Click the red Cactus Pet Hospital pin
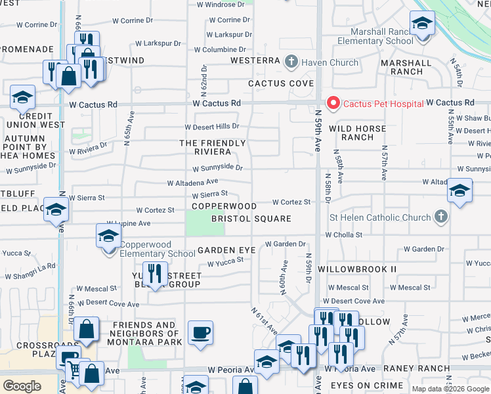(x=333, y=103)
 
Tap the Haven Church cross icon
(x=292, y=62)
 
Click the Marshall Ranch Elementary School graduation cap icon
(x=423, y=24)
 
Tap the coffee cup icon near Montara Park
(x=200, y=332)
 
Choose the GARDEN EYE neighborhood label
(x=226, y=250)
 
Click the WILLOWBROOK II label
(x=357, y=269)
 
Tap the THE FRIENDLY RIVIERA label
(x=212, y=147)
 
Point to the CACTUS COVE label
(x=280, y=83)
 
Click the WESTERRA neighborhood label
(x=256, y=62)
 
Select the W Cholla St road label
(x=343, y=234)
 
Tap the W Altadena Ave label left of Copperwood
(x=192, y=183)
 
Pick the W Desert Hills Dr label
(x=211, y=127)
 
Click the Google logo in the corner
(x=22, y=385)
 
